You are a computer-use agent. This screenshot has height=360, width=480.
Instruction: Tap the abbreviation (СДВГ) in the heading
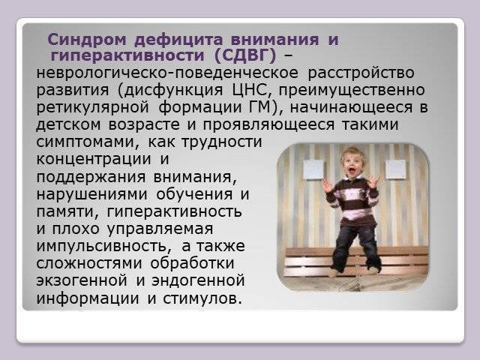pyautogui.click(x=247, y=55)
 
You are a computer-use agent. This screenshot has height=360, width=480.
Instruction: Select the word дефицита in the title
pyautogui.click(x=164, y=39)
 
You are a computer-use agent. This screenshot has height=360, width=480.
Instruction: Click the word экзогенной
pyautogui.click(x=83, y=280)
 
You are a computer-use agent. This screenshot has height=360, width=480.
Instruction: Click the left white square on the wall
pyautogui.click(x=312, y=170)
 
